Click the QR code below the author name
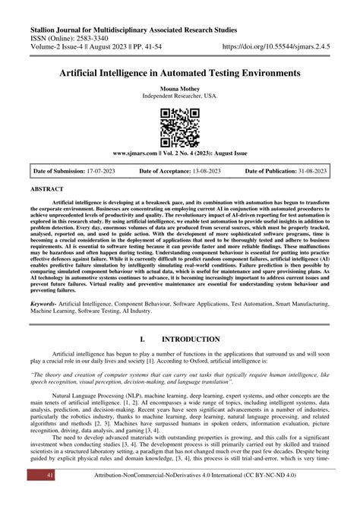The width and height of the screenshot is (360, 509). coord(180,126)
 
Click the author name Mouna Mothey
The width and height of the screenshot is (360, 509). coord(180,88)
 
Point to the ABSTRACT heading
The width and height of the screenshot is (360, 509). coord(47,187)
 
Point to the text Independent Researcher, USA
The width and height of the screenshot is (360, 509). coord(180,96)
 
